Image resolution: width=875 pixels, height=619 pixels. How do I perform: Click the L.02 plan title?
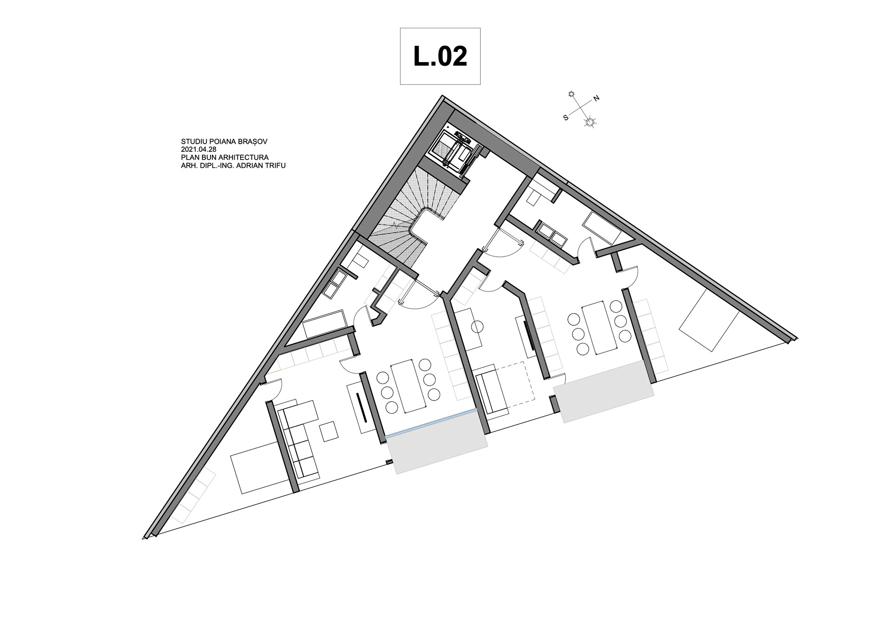click(x=440, y=56)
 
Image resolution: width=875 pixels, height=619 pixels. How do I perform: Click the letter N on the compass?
click(x=596, y=99)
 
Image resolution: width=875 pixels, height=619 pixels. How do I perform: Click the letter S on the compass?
click(x=566, y=118)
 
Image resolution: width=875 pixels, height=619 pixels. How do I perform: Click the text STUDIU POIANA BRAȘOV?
click(x=224, y=142)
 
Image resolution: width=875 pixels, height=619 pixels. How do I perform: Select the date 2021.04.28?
click(x=199, y=150)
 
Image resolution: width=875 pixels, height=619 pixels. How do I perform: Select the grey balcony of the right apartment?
click(x=603, y=391)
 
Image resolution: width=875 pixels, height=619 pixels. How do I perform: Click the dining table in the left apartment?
click(x=408, y=386)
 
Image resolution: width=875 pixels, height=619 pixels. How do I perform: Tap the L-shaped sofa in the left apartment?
click(x=298, y=438)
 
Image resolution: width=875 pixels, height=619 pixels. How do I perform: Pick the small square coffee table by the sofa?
click(x=329, y=432)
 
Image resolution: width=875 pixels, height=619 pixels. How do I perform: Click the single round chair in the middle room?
click(x=477, y=327)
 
